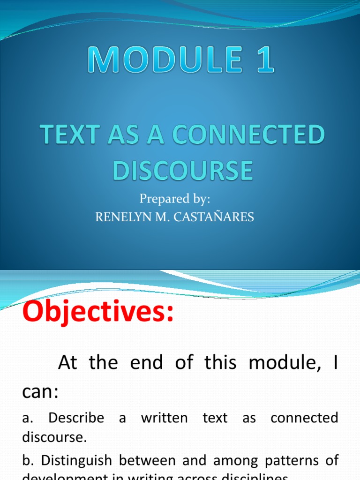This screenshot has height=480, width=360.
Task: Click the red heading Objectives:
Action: [x=98, y=312]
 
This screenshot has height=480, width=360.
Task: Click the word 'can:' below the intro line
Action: [x=40, y=391]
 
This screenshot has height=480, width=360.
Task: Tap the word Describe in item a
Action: [x=76, y=418]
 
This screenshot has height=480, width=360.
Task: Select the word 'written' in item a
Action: [x=164, y=418]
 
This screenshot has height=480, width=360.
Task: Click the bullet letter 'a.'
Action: [x=26, y=418]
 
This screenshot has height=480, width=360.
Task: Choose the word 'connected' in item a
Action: [x=304, y=418]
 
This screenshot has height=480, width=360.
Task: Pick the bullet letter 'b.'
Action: [x=27, y=460]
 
